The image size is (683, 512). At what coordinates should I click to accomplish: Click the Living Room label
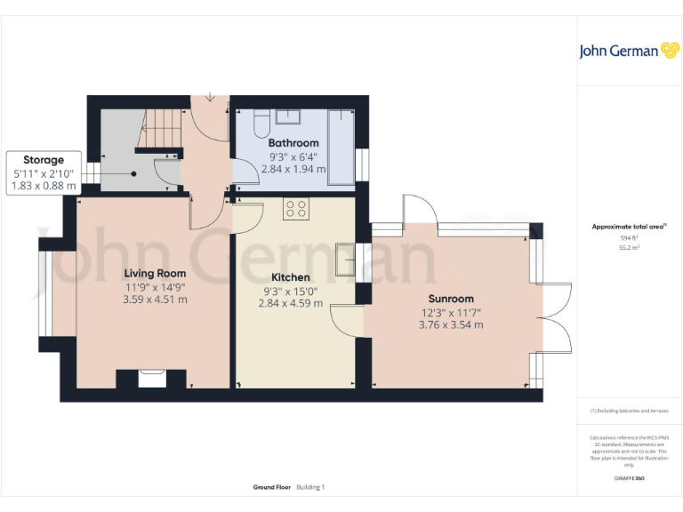click(x=155, y=273)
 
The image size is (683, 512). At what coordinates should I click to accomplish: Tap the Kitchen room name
click(x=290, y=277)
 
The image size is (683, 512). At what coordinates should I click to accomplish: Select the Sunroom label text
click(x=451, y=299)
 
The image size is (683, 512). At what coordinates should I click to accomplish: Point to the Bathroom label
click(x=293, y=143)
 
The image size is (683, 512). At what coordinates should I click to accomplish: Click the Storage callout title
click(x=44, y=160)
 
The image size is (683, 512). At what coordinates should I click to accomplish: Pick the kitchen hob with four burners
click(x=296, y=209)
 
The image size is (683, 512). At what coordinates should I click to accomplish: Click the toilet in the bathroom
click(x=262, y=123)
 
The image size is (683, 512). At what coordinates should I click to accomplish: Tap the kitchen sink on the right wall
click(x=344, y=258)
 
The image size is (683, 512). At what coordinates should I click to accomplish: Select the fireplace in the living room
click(x=152, y=379)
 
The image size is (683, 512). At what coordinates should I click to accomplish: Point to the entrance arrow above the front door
click(x=211, y=96)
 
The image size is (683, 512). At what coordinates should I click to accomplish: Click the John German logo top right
click(x=628, y=51)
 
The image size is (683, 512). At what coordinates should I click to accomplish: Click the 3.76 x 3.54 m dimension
click(x=451, y=325)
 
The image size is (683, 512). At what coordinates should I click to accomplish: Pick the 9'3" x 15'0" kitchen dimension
click(x=290, y=291)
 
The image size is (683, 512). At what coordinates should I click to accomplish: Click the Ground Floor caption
click(x=272, y=487)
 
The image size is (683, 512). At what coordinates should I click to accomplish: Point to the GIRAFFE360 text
click(x=630, y=478)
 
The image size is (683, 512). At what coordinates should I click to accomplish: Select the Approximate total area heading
click(x=629, y=227)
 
